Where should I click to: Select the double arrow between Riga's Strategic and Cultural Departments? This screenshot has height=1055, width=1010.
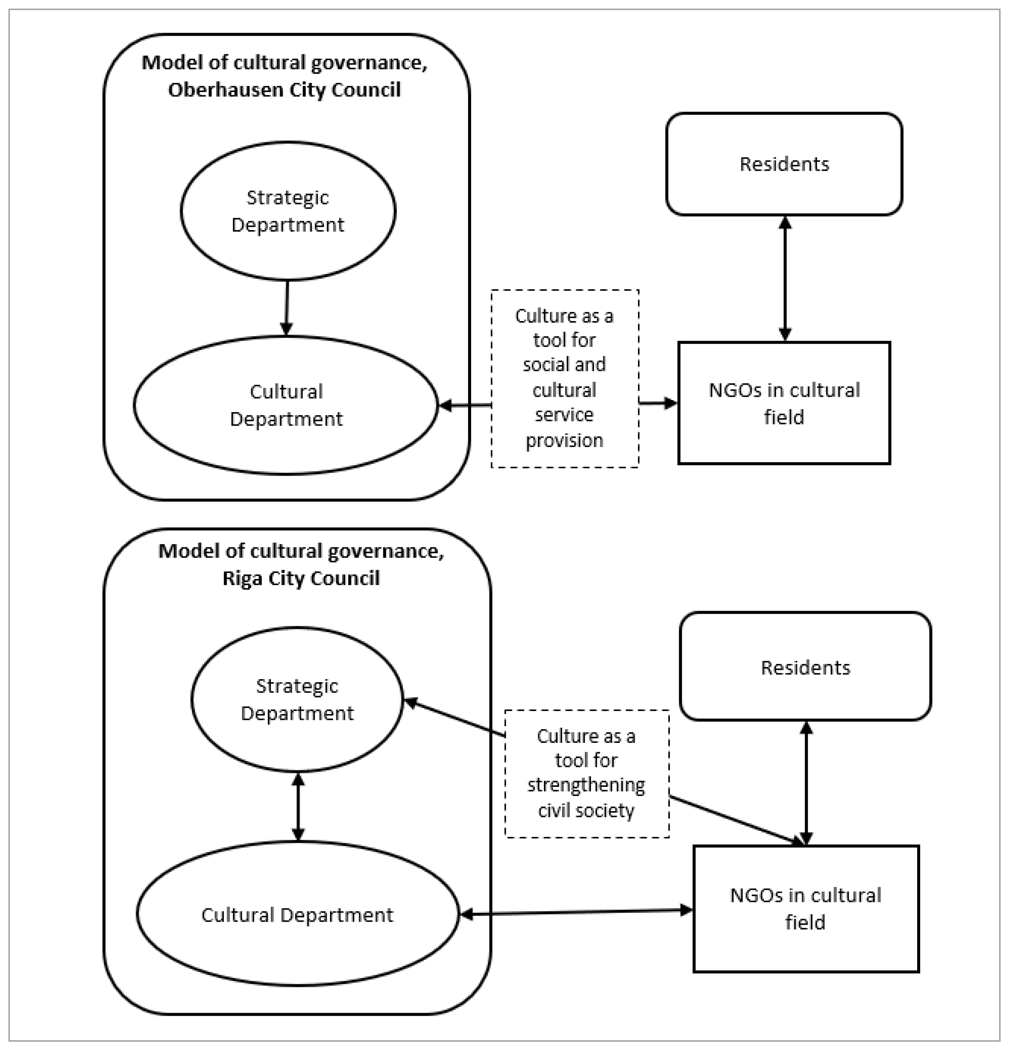(298, 807)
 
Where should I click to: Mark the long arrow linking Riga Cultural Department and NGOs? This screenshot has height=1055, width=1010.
(576, 912)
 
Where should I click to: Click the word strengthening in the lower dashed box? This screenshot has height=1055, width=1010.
(586, 785)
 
